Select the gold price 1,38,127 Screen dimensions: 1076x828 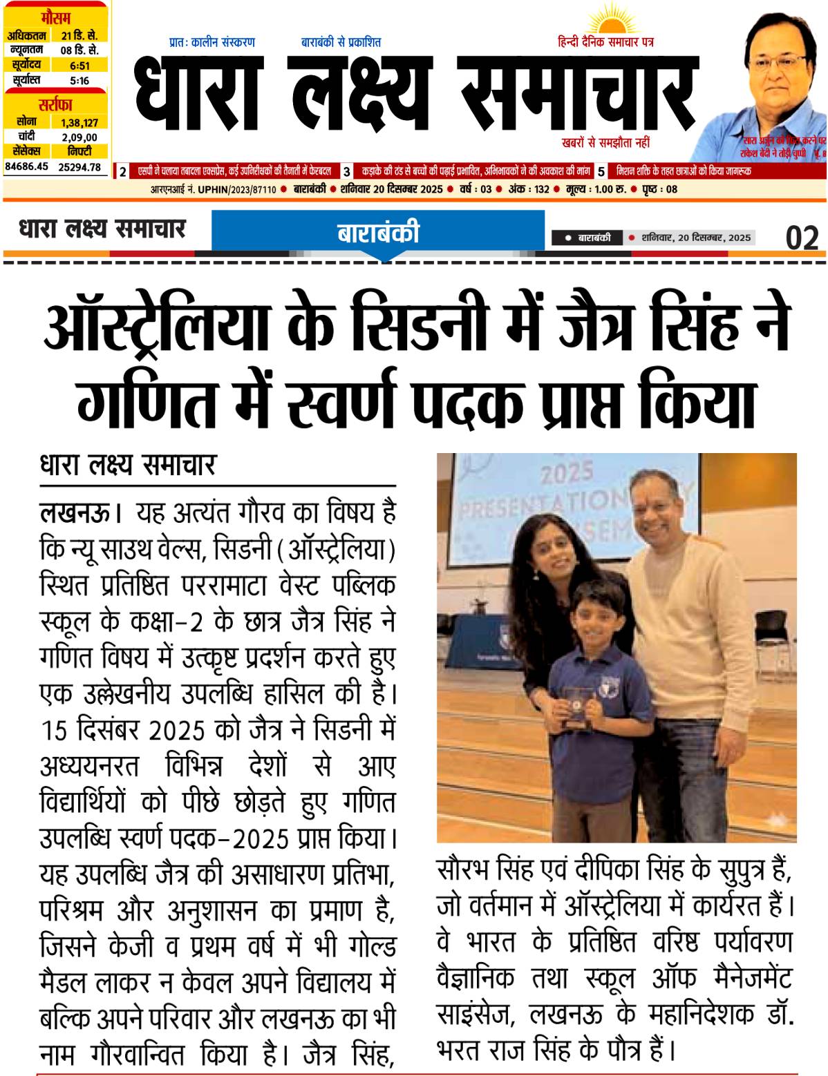tap(79, 122)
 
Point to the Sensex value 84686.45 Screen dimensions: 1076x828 tap(27, 166)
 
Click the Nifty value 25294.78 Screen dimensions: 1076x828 tap(79, 166)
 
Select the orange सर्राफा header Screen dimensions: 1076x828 tap(55, 105)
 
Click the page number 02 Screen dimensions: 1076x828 tap(802, 238)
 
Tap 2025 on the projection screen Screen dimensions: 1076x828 tap(565, 473)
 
